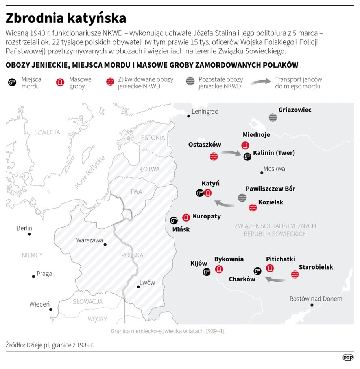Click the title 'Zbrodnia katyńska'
pyautogui.click(x=66, y=18)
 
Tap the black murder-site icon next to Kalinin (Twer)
pyautogui.click(x=247, y=156)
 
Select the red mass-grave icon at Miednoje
pyautogui.click(x=246, y=145)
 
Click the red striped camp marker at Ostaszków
pyautogui.click(x=214, y=156)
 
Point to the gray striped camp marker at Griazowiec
pyautogui.click(x=272, y=117)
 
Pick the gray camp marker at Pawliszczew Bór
pyautogui.click(x=242, y=198)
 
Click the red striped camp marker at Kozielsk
pyautogui.click(x=253, y=207)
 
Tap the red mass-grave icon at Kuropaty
pyautogui.click(x=186, y=217)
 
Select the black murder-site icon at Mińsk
pyautogui.click(x=174, y=220)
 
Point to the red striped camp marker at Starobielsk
pyautogui.click(x=295, y=274)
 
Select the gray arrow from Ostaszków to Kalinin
pyautogui.click(x=230, y=153)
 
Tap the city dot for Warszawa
pyautogui.click(x=105, y=244)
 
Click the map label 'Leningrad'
pyautogui.click(x=205, y=112)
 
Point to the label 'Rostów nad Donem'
pyautogui.click(x=316, y=299)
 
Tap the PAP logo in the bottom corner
pyautogui.click(x=348, y=358)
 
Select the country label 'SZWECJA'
pyautogui.click(x=47, y=132)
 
